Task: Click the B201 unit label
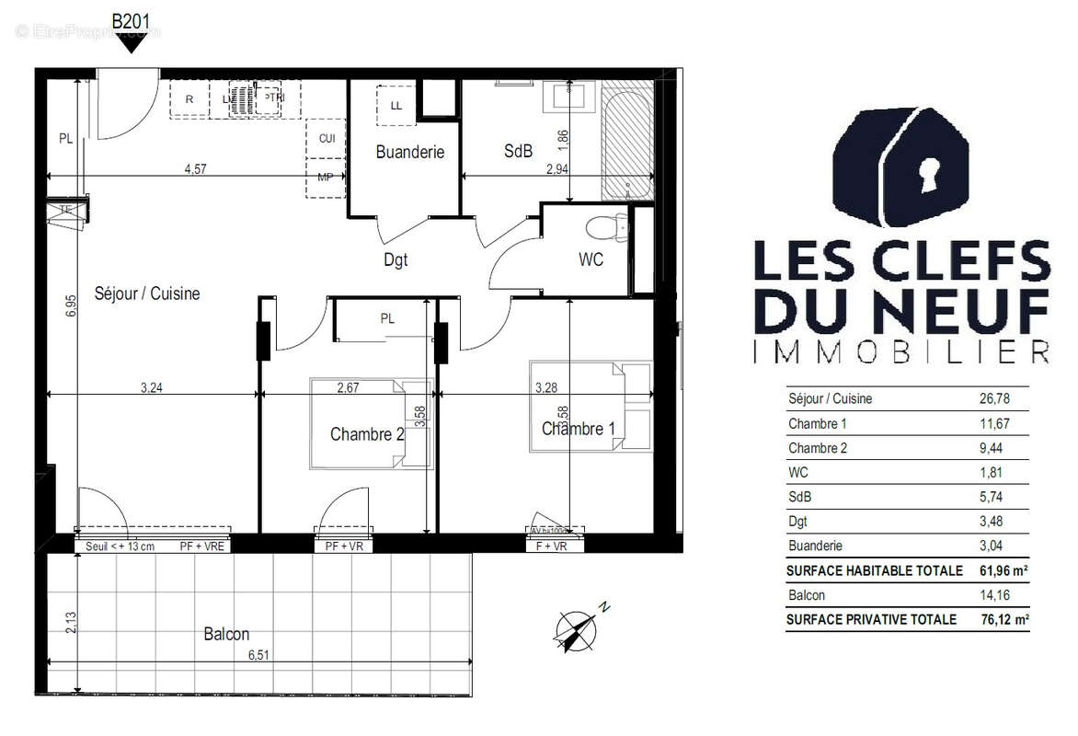[132, 20]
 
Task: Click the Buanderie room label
[409, 153]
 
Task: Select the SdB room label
[518, 152]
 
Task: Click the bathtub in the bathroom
[627, 138]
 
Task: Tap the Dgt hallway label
[396, 260]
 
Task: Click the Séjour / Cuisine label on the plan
[147, 294]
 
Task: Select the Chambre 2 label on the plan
[367, 434]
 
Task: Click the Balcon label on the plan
[226, 635]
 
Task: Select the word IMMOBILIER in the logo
[900, 351]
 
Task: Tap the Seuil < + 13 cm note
[120, 546]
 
